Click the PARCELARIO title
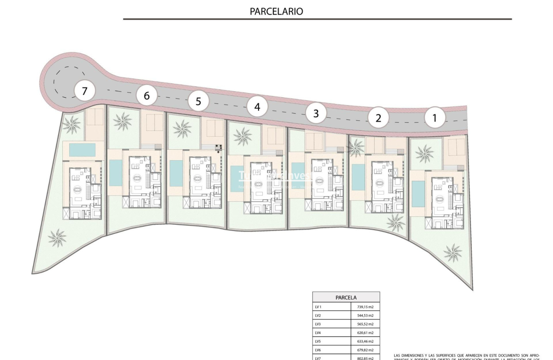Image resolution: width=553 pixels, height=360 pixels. click(x=276, y=11)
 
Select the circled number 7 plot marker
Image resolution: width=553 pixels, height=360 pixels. click(x=85, y=91)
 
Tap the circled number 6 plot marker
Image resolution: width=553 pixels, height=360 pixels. click(x=146, y=96)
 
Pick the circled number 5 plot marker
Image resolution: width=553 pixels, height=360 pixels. click(x=198, y=101)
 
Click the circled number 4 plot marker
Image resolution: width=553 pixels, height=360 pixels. click(x=257, y=107)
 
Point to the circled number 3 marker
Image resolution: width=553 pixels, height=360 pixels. click(x=316, y=113)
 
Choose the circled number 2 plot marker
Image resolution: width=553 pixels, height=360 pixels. click(x=378, y=118)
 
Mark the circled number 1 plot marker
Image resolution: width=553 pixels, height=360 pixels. click(x=434, y=118)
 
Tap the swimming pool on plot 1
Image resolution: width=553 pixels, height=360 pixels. click(x=418, y=194)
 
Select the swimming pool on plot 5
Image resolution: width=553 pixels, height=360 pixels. click(x=176, y=173)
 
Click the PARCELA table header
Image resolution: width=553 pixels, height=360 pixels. click(x=346, y=298)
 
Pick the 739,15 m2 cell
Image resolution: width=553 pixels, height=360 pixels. click(x=365, y=307)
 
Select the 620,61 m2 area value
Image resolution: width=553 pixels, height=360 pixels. click(x=365, y=333)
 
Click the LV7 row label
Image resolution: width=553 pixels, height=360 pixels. click(x=319, y=358)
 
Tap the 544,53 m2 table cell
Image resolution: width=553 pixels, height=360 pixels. click(x=365, y=316)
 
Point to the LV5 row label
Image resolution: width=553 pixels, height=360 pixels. click(x=319, y=341)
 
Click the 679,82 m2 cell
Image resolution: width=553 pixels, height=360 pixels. click(x=365, y=350)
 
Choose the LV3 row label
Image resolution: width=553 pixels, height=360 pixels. click(x=319, y=324)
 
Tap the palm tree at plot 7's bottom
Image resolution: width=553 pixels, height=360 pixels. click(x=57, y=238)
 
